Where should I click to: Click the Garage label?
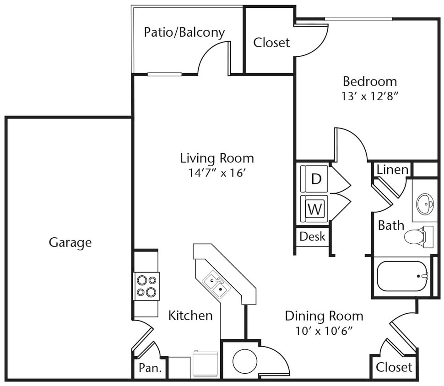(70, 242)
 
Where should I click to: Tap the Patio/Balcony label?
(184, 32)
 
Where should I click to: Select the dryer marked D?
(315, 179)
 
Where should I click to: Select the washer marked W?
(314, 209)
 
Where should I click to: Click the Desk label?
(313, 236)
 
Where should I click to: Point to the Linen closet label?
(392, 170)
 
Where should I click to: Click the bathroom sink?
(425, 202)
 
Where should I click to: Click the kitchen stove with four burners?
(146, 286)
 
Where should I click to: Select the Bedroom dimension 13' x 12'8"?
(370, 96)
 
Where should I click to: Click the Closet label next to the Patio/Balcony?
(271, 43)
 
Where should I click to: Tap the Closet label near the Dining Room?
(394, 367)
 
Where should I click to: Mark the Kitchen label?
(190, 316)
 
